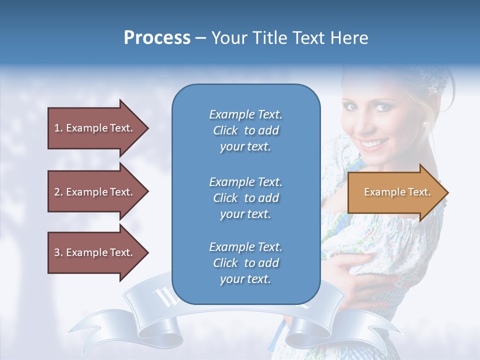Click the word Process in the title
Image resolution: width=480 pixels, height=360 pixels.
click(157, 38)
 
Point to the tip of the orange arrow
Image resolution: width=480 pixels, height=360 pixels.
click(447, 192)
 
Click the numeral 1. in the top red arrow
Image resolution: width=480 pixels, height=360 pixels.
click(58, 128)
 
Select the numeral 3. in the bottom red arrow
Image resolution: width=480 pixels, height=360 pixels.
click(58, 252)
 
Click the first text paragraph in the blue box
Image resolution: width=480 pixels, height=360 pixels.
click(245, 130)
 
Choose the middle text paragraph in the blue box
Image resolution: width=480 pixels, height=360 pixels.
click(245, 197)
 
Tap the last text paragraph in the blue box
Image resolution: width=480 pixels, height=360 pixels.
click(245, 263)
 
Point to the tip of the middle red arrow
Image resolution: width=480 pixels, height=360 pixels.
click(147, 192)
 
